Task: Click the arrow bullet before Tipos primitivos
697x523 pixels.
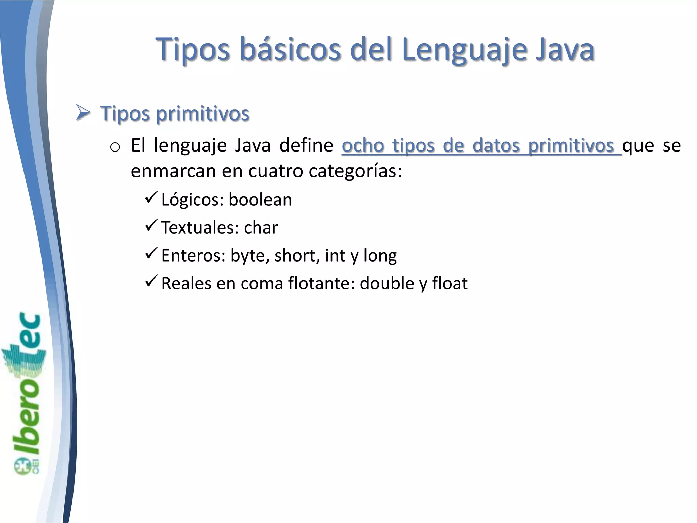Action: tap(83, 113)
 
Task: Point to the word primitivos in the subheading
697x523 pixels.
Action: tap(203, 114)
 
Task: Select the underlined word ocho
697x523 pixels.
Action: tap(363, 146)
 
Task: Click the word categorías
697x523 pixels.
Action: tap(355, 171)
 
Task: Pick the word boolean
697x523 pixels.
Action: tap(260, 200)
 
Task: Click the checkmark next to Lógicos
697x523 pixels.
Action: tap(151, 197)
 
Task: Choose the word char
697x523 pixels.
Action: tap(261, 227)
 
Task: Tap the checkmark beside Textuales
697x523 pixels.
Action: tap(151, 225)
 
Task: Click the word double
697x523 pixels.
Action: tap(385, 283)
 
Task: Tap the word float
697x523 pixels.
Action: tap(450, 283)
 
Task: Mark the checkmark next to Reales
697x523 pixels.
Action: tap(151, 281)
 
